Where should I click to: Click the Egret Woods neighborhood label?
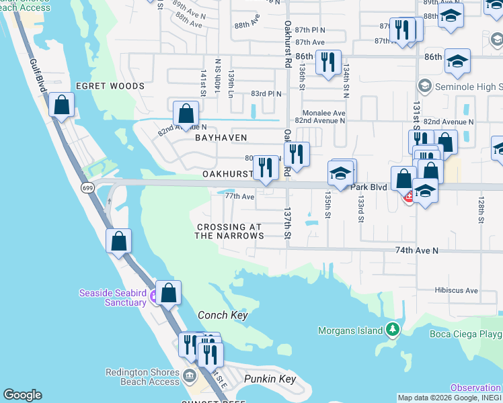110,87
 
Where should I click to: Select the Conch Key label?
223,315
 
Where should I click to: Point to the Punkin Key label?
270,379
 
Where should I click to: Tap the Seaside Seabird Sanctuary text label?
112,298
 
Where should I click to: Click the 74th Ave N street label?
416,251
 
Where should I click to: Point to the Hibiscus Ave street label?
456,291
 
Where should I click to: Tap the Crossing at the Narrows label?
229,232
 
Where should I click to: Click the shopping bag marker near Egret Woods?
61,105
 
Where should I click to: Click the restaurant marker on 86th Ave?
327,62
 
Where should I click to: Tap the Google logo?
22,396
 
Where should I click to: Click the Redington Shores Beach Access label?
143,377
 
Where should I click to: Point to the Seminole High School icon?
424,86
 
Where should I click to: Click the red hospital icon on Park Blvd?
408,197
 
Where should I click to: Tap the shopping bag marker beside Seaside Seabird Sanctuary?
168,292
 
